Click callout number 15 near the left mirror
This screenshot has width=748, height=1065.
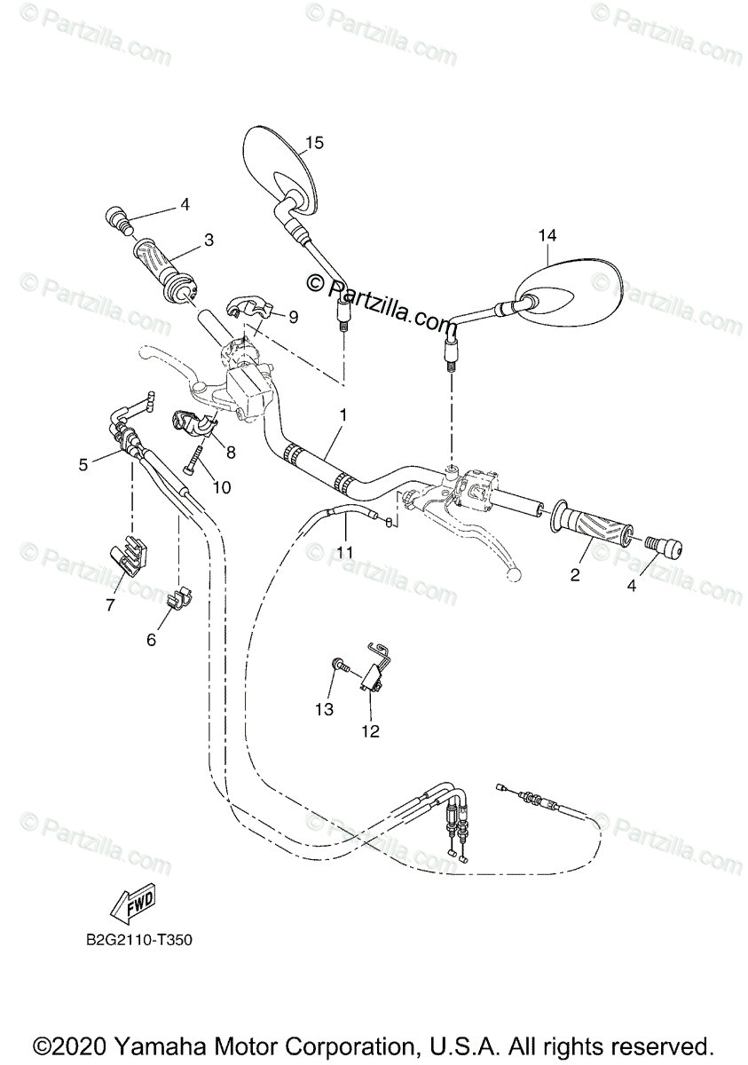(x=315, y=142)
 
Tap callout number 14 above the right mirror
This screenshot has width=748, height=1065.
(x=547, y=235)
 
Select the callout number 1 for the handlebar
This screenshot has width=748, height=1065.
(x=343, y=414)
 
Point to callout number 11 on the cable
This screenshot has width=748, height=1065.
(x=344, y=552)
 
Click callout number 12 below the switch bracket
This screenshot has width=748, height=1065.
(x=369, y=731)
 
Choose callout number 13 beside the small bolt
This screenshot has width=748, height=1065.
(x=325, y=709)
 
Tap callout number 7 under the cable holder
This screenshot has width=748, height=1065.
(x=111, y=605)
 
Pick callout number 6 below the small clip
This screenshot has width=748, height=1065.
(x=151, y=639)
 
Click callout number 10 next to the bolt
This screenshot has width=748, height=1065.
(x=221, y=486)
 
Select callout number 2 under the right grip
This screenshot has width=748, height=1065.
(x=575, y=575)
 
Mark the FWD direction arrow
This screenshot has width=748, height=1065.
(x=130, y=906)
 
